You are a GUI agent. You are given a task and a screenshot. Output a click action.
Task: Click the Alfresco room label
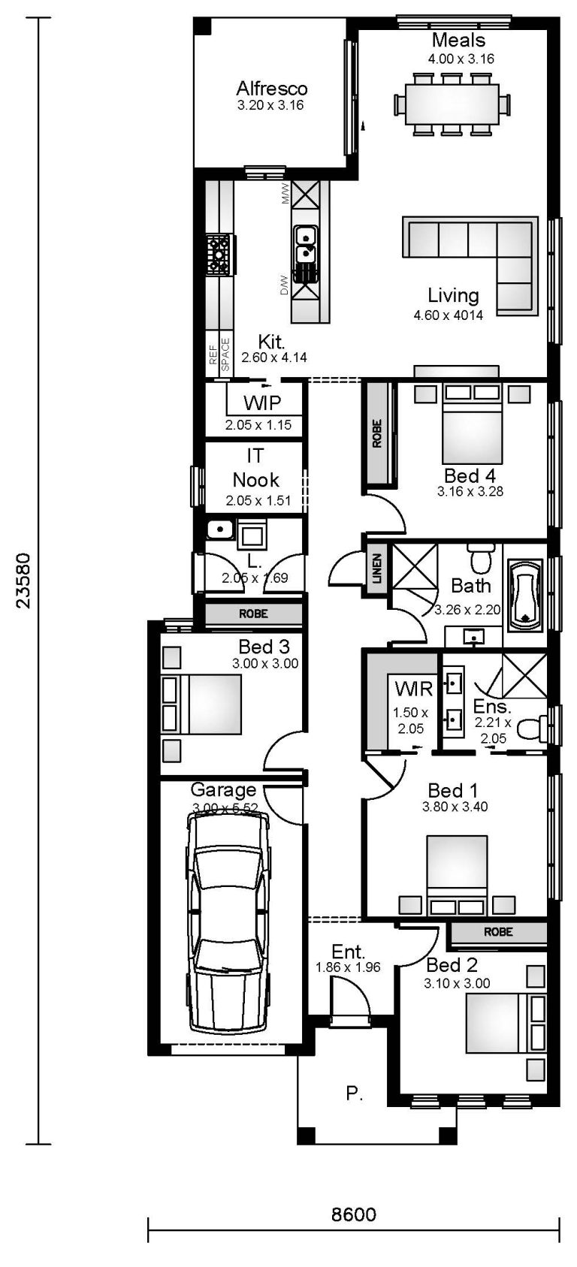[271, 89]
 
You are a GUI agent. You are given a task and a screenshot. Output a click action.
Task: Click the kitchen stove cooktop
[219, 253]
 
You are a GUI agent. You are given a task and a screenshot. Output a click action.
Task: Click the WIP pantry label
[262, 403]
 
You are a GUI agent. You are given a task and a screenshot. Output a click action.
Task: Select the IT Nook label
[255, 468]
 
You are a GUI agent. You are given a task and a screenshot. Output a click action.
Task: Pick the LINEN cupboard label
[376, 569]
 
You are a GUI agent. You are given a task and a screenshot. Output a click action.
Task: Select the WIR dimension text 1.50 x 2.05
[410, 720]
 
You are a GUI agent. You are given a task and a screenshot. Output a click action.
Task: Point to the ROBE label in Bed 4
[377, 433]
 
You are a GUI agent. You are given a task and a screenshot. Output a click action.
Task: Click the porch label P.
[353, 1094]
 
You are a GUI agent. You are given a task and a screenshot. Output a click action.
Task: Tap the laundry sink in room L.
[219, 530]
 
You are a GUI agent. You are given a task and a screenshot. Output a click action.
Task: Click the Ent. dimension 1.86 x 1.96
[348, 967]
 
